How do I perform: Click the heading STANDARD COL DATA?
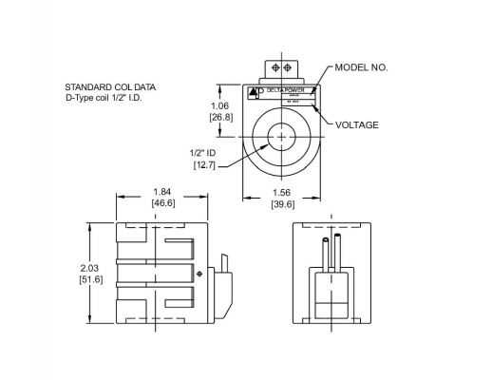[x=110, y=86]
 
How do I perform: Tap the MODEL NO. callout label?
[x=362, y=68]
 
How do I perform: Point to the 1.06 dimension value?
[x=220, y=106]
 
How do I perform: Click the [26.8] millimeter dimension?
[x=220, y=118]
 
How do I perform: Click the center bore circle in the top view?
[x=281, y=138]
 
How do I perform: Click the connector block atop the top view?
[x=281, y=69]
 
